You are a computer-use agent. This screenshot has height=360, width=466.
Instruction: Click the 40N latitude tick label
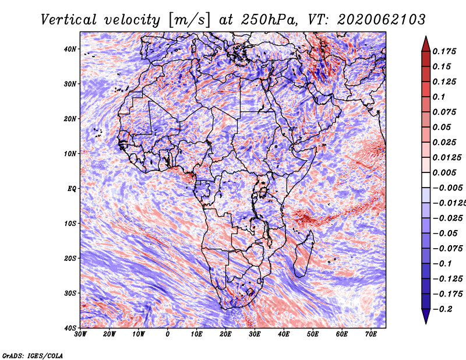[70, 49]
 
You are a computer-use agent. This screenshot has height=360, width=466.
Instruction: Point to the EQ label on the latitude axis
[71, 189]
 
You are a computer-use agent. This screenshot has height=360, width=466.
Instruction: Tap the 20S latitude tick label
[70, 258]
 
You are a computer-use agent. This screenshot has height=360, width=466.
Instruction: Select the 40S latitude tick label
[70, 328]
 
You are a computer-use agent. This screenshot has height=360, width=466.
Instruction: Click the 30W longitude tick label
[80, 334]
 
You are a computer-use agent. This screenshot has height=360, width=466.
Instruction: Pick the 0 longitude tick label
[168, 334]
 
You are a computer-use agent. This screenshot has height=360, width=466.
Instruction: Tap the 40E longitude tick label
[284, 334]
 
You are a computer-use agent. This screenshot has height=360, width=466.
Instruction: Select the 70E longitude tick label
[371, 334]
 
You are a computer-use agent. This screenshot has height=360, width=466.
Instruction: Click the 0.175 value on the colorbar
[444, 51]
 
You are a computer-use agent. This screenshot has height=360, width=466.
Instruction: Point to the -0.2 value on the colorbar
[442, 309]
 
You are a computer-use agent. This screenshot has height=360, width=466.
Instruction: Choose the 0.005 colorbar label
[444, 172]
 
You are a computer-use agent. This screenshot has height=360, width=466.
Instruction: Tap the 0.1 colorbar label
[439, 97]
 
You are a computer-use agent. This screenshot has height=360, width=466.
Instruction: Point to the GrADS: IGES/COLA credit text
[32, 355]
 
